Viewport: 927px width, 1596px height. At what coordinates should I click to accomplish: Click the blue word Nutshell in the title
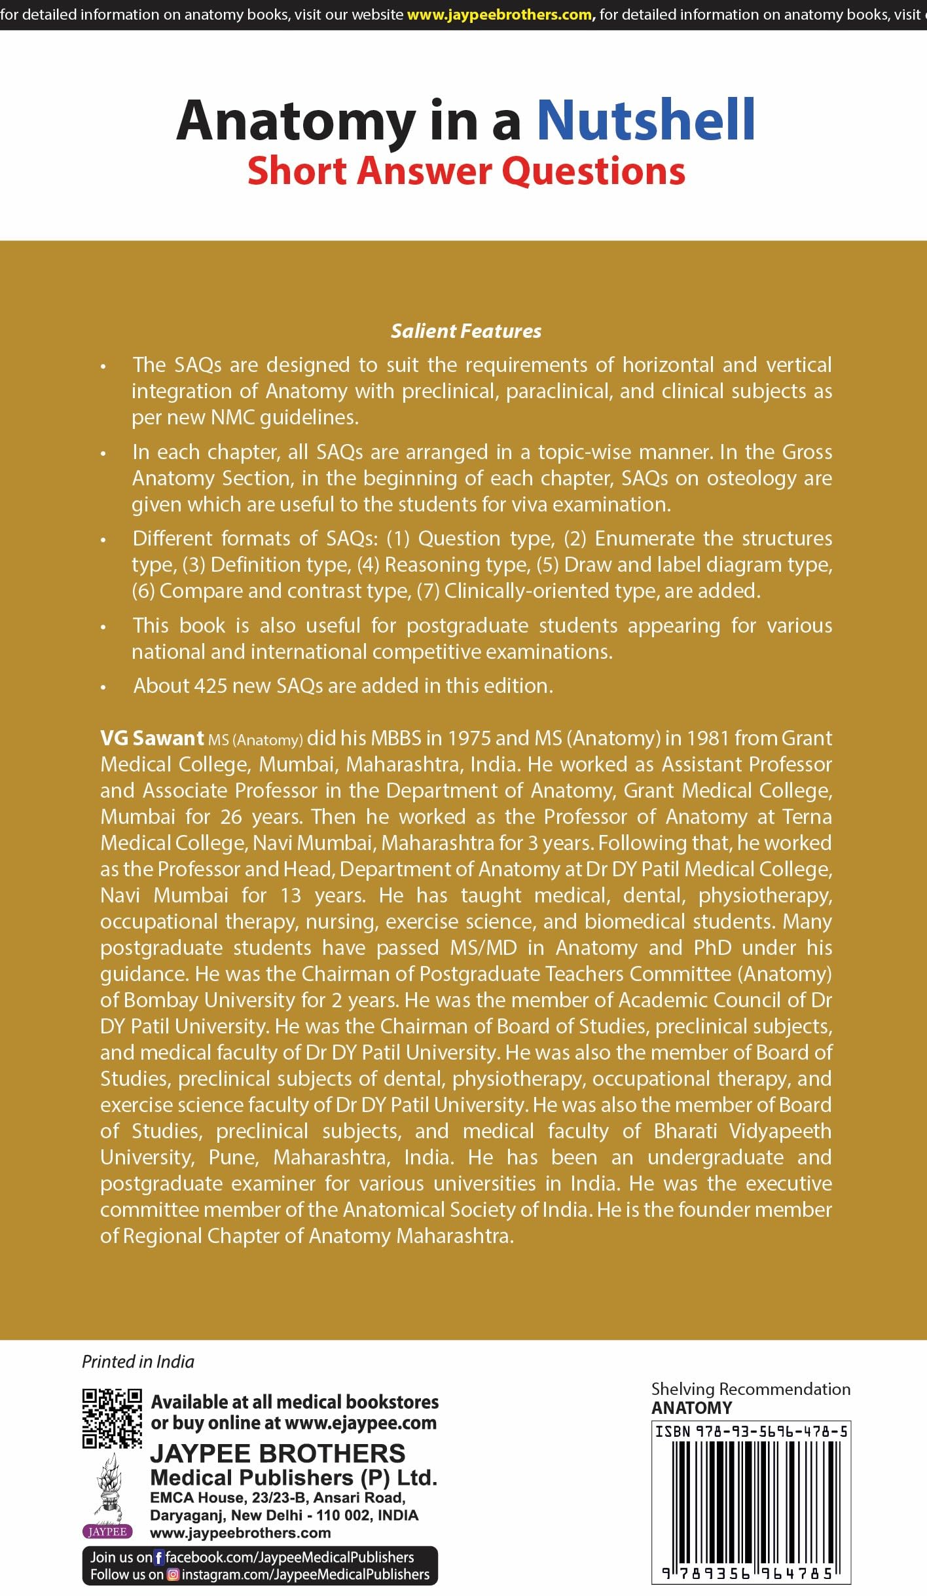tap(645, 121)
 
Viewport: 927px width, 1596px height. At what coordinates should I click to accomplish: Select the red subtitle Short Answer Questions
tap(466, 171)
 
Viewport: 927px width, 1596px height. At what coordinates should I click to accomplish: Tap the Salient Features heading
tap(466, 331)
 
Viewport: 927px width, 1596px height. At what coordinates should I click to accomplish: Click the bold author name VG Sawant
tap(152, 738)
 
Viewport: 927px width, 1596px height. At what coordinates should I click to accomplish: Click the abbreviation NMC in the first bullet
tap(232, 417)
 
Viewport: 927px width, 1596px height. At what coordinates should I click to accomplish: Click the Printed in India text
tap(137, 1362)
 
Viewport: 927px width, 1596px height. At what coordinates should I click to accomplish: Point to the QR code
tap(111, 1418)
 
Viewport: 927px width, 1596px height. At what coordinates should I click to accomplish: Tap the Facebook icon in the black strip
tap(158, 1557)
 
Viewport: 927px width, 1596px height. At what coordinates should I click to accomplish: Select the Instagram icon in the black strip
tap(173, 1574)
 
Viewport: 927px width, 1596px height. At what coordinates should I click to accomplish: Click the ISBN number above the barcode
tap(751, 1432)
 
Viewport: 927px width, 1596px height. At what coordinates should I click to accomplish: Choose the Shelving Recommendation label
tap(750, 1389)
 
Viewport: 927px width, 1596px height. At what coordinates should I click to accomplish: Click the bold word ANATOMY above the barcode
tap(691, 1408)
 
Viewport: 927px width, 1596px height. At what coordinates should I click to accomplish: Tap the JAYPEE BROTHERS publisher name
tap(278, 1453)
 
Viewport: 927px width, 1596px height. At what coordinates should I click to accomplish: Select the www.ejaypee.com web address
tap(361, 1423)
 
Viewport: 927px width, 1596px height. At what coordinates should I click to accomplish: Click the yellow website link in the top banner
tap(499, 14)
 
